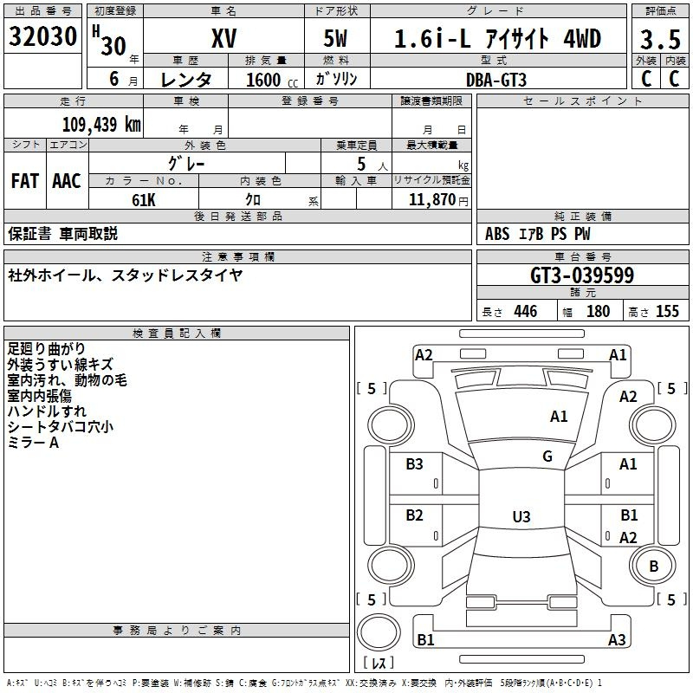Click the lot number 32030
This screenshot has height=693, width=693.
click(42, 36)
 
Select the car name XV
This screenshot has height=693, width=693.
click(224, 38)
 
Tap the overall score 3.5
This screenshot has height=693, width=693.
click(660, 40)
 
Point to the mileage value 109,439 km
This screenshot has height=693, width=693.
click(101, 124)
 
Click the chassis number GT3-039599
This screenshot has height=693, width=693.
click(582, 275)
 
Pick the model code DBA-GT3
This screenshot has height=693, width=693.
click(496, 80)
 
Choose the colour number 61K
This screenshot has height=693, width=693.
click(144, 200)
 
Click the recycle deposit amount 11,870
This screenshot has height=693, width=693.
click(432, 200)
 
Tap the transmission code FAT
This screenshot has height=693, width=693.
click(25, 181)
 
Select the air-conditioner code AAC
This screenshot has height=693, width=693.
click(67, 181)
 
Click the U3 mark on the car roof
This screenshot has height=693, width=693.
click(521, 516)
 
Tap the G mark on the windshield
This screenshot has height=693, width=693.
click(547, 457)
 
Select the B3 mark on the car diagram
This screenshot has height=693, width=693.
click(414, 464)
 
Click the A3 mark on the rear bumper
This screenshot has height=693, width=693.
click(617, 640)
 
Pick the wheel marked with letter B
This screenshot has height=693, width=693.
click(653, 566)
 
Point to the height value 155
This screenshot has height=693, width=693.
click(667, 312)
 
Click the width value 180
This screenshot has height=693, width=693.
click(598, 312)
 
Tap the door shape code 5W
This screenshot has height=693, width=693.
click(335, 38)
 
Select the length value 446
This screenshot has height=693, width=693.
click(526, 312)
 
